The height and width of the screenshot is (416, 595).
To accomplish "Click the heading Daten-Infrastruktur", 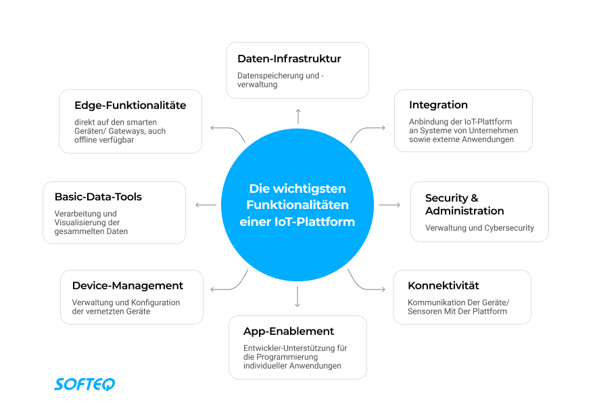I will [289, 59].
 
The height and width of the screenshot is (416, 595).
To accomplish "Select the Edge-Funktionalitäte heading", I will [130, 106].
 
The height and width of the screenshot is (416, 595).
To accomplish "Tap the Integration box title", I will [438, 105].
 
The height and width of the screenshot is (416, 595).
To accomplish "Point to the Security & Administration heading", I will [464, 204].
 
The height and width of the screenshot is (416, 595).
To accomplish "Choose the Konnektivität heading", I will [444, 285].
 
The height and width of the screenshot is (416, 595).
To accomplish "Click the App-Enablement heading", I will [289, 331].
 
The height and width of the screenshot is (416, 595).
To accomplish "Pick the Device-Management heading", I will [127, 285].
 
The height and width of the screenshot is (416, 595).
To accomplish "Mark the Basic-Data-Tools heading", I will [97, 197].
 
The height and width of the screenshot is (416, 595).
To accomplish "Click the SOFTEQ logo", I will [85, 384].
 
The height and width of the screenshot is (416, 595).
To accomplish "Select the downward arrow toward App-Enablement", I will [297, 296].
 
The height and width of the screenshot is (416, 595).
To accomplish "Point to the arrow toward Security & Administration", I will [389, 204].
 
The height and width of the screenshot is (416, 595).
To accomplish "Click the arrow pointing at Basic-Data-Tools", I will [206, 204].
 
